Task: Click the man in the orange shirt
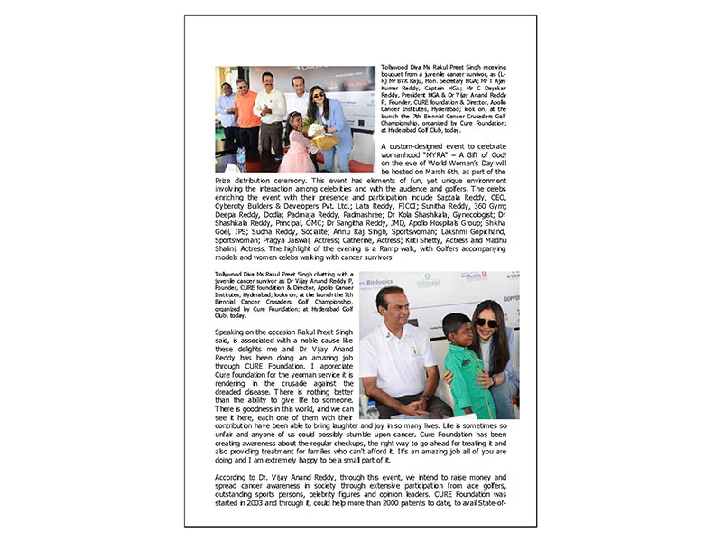click(246, 113)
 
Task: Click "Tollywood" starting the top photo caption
click(398, 69)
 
